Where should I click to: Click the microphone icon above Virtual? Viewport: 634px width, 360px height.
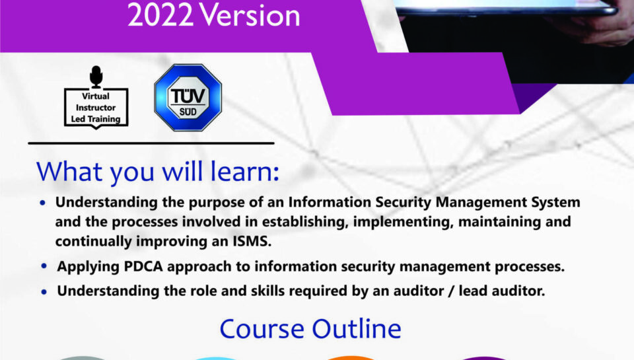click(96, 77)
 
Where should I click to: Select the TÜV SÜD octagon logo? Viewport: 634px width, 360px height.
click(188, 98)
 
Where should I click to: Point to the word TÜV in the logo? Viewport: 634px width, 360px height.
click(188, 93)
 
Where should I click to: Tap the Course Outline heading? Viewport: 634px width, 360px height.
click(310, 328)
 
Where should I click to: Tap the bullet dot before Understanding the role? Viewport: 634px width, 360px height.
click(44, 291)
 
